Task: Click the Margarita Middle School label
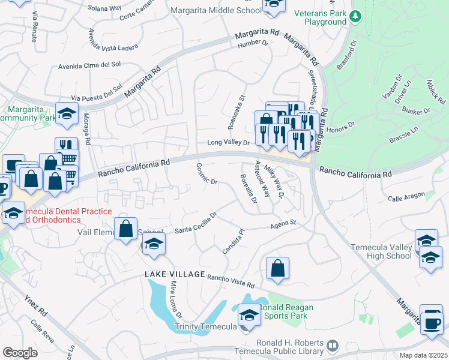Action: pyautogui.click(x=215, y=10)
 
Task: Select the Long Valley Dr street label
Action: pyautogui.click(x=228, y=143)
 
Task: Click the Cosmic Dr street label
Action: pyautogui.click(x=206, y=174)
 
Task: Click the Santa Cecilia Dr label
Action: pyautogui.click(x=196, y=223)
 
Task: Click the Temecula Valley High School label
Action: pyautogui.click(x=382, y=251)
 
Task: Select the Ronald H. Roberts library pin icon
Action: pyautogui.click(x=332, y=346)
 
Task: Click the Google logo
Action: pyautogui.click(x=20, y=353)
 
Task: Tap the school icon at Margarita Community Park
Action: pyautogui.click(x=67, y=113)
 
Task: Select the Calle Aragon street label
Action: pyautogui.click(x=406, y=196)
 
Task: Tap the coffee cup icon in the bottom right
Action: pyautogui.click(x=430, y=322)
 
